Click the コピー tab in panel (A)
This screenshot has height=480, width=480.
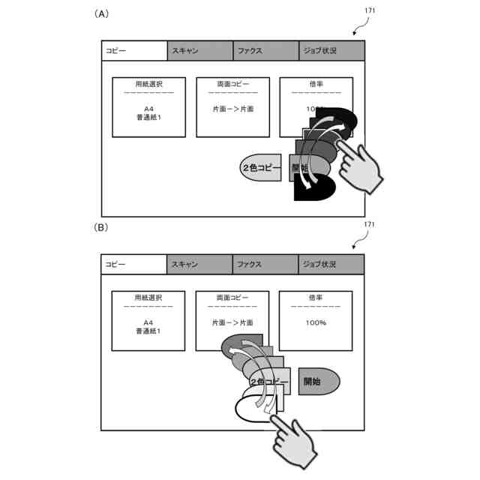pyautogui.click(x=133, y=51)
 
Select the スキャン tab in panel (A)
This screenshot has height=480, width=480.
pyautogui.click(x=199, y=51)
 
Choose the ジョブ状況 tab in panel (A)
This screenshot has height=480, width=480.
pyautogui.click(x=331, y=51)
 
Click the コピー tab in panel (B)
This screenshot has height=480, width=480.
pyautogui.click(x=133, y=265)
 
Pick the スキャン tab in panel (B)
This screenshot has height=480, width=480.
pyautogui.click(x=199, y=265)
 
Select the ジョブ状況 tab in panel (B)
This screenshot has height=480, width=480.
pyautogui.click(x=331, y=265)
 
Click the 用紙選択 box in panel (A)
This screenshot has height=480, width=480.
pyautogui.click(x=149, y=106)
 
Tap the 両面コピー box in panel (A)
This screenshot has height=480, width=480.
pyautogui.click(x=232, y=106)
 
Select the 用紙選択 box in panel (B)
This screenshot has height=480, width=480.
pyautogui.click(x=149, y=320)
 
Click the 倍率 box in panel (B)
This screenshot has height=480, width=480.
pyautogui.click(x=316, y=320)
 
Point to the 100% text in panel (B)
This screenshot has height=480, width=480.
pyautogui.click(x=316, y=322)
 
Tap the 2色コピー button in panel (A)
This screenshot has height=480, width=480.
pyautogui.click(x=259, y=168)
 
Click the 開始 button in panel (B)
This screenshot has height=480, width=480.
pyautogui.click(x=318, y=382)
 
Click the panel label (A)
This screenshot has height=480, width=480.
pyautogui.click(x=102, y=14)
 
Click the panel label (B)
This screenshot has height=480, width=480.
pyautogui.click(x=102, y=226)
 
